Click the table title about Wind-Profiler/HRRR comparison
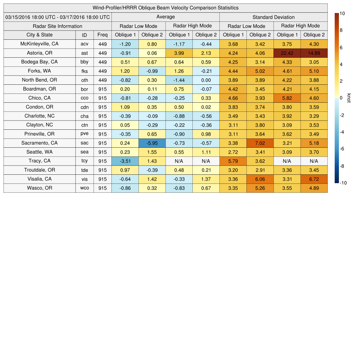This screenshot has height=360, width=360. pos(166,8)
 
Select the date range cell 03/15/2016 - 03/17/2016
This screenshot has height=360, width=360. pos(58,17)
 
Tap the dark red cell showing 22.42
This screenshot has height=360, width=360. pos(287,53)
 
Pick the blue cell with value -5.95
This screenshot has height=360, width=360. pos(152,143)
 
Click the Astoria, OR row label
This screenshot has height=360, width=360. pos(39,53)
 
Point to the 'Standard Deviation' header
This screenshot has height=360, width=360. pos(274,17)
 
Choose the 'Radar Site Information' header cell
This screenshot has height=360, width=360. pos(58,26)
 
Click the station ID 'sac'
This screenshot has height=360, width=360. pos(84,143)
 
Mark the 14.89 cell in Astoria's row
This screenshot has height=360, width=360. pos(314,53)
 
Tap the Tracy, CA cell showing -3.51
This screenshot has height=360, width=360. pos(125,161)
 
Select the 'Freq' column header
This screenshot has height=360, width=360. pos(102,35)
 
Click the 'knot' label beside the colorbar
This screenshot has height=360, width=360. pos(349,98)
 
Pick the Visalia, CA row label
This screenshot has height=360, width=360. pos(39,179)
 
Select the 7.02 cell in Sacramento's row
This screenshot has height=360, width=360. pos(260,143)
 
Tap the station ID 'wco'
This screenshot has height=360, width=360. pos(84,188)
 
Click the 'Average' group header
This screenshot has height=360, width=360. pos(165,17)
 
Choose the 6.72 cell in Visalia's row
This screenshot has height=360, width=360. pos(314,179)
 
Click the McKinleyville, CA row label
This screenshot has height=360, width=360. pos(39,44)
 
